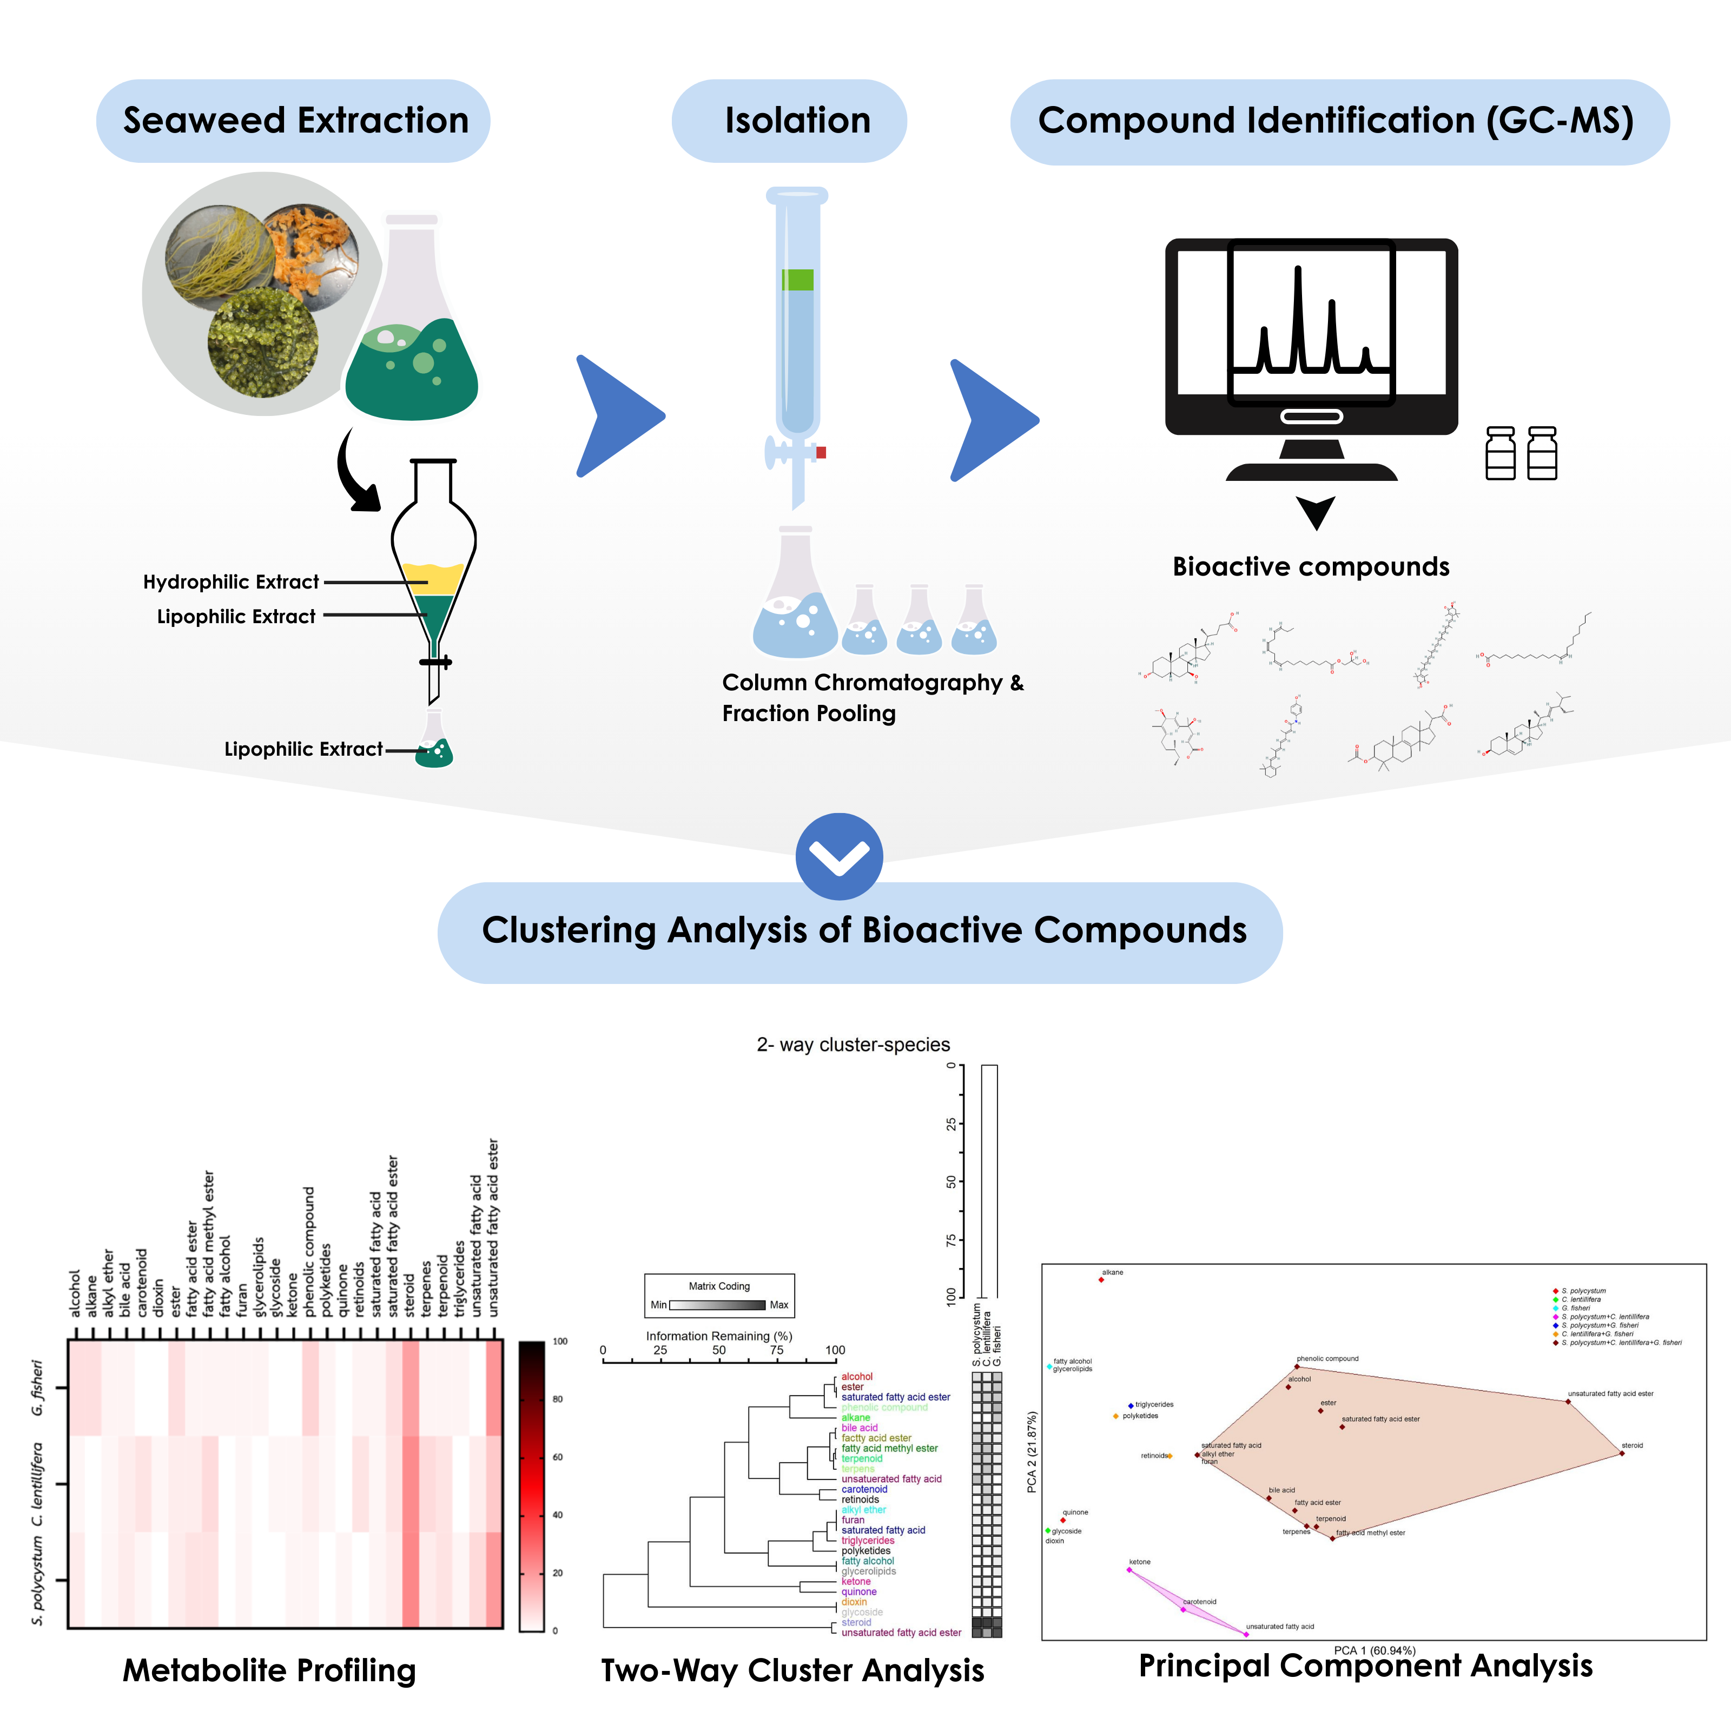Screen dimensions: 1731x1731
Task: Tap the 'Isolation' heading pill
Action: pyautogui.click(x=796, y=120)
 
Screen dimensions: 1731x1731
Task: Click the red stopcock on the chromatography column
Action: pyautogui.click(x=821, y=452)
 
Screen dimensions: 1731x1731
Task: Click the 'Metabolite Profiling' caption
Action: pyautogui.click(x=269, y=1670)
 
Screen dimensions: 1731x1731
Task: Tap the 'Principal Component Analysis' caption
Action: pyautogui.click(x=1365, y=1664)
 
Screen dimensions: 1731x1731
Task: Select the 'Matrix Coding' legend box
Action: pyautogui.click(x=718, y=1296)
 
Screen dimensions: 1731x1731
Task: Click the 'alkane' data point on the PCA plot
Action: pyautogui.click(x=1101, y=1279)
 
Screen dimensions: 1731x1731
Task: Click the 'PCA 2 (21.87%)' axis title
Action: pyautogui.click(x=1031, y=1451)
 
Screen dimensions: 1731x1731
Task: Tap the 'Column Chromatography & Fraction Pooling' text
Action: pyautogui.click(x=872, y=697)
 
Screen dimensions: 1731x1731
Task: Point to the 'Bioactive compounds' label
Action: pyautogui.click(x=1311, y=566)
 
